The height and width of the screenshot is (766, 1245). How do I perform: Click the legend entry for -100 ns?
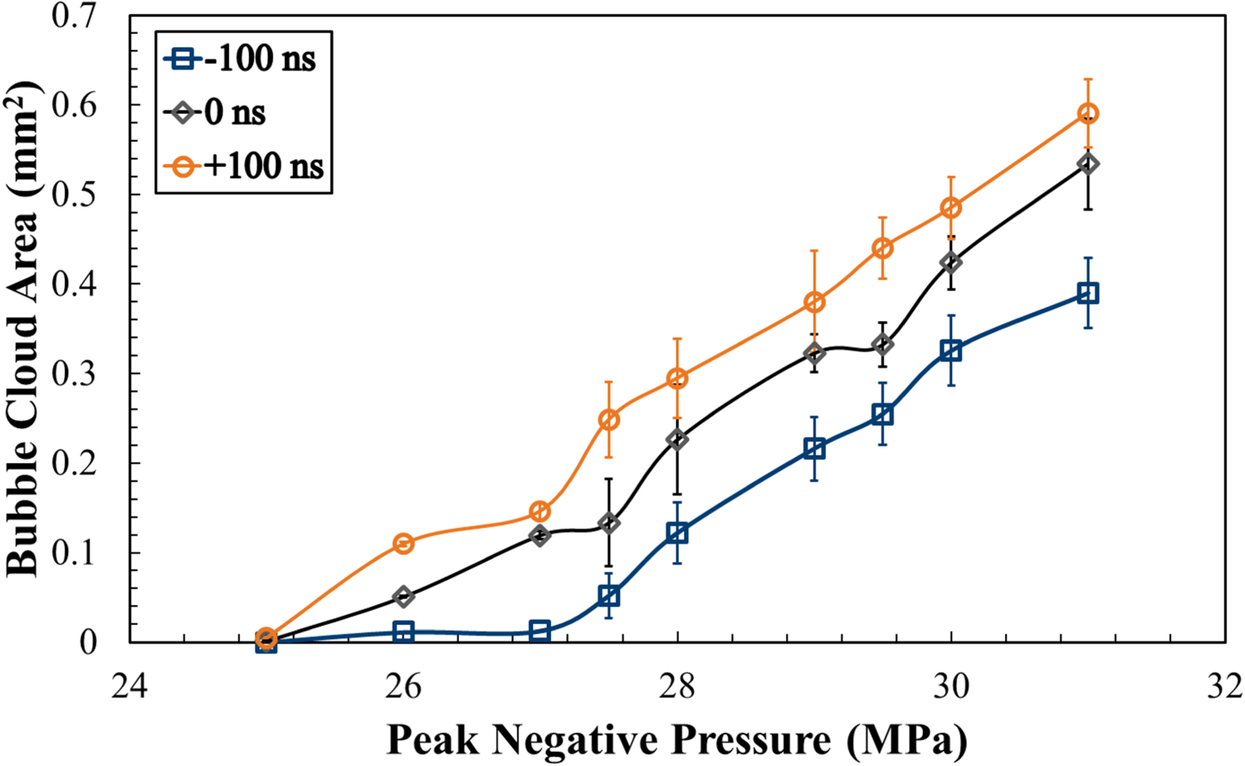point(245,60)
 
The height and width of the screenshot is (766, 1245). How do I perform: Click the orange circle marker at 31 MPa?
point(1088,114)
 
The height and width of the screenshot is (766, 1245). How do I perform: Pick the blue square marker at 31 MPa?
point(1088,293)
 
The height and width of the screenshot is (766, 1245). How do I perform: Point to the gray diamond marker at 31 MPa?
point(1088,164)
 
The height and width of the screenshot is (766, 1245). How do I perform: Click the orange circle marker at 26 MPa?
point(403,544)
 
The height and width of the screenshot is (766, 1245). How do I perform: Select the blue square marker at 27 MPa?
point(539,631)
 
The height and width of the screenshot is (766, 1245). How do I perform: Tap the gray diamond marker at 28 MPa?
point(677,439)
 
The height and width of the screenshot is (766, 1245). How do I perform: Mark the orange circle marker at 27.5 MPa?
point(608,419)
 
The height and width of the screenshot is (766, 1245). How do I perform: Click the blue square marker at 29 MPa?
point(814,449)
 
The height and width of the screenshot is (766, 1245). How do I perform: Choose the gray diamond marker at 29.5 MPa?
point(883,344)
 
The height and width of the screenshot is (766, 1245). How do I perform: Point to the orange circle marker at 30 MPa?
point(951,207)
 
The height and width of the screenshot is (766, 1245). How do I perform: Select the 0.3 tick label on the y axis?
point(75,374)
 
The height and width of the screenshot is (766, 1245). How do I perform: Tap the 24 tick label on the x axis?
point(130,688)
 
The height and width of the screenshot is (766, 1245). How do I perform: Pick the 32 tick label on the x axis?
point(1225,688)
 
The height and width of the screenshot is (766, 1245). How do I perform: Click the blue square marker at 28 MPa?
point(677,533)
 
